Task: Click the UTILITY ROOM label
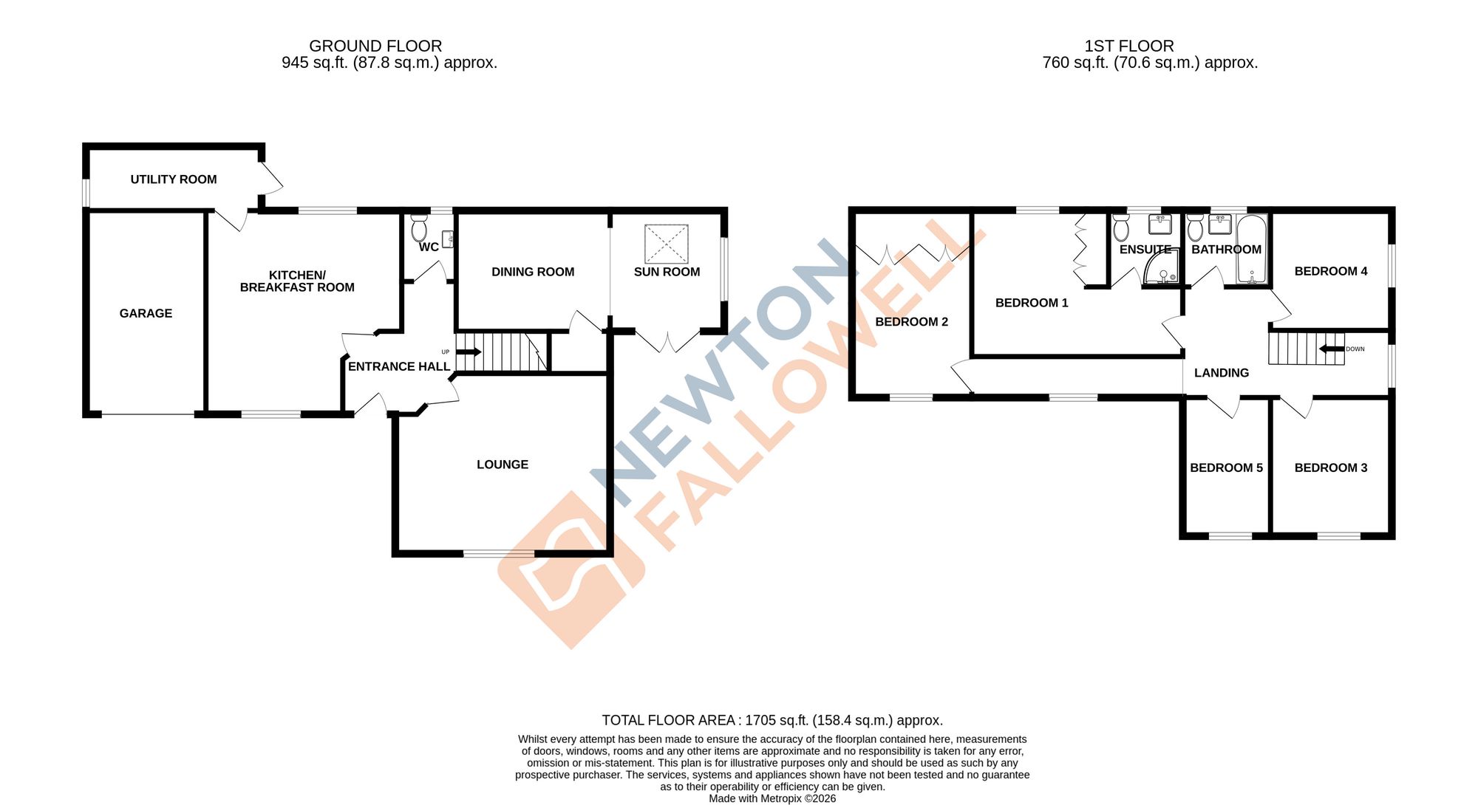point(174,179)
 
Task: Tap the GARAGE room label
point(146,313)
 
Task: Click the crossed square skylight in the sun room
point(667,244)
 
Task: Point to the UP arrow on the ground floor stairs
point(469,352)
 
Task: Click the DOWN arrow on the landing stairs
point(1332,349)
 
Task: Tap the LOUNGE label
point(503,465)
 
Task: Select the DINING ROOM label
point(533,272)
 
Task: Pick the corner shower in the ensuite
point(1161,270)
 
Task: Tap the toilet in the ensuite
point(1121,228)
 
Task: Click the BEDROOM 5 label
point(1226,467)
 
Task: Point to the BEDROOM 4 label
point(1331,271)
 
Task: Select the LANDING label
point(1222,373)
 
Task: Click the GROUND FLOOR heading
point(375,46)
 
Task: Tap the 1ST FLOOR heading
point(1128,46)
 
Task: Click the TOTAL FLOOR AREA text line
point(772,720)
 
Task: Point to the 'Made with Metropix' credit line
point(772,798)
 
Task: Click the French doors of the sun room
point(667,342)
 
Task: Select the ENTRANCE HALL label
point(399,366)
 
